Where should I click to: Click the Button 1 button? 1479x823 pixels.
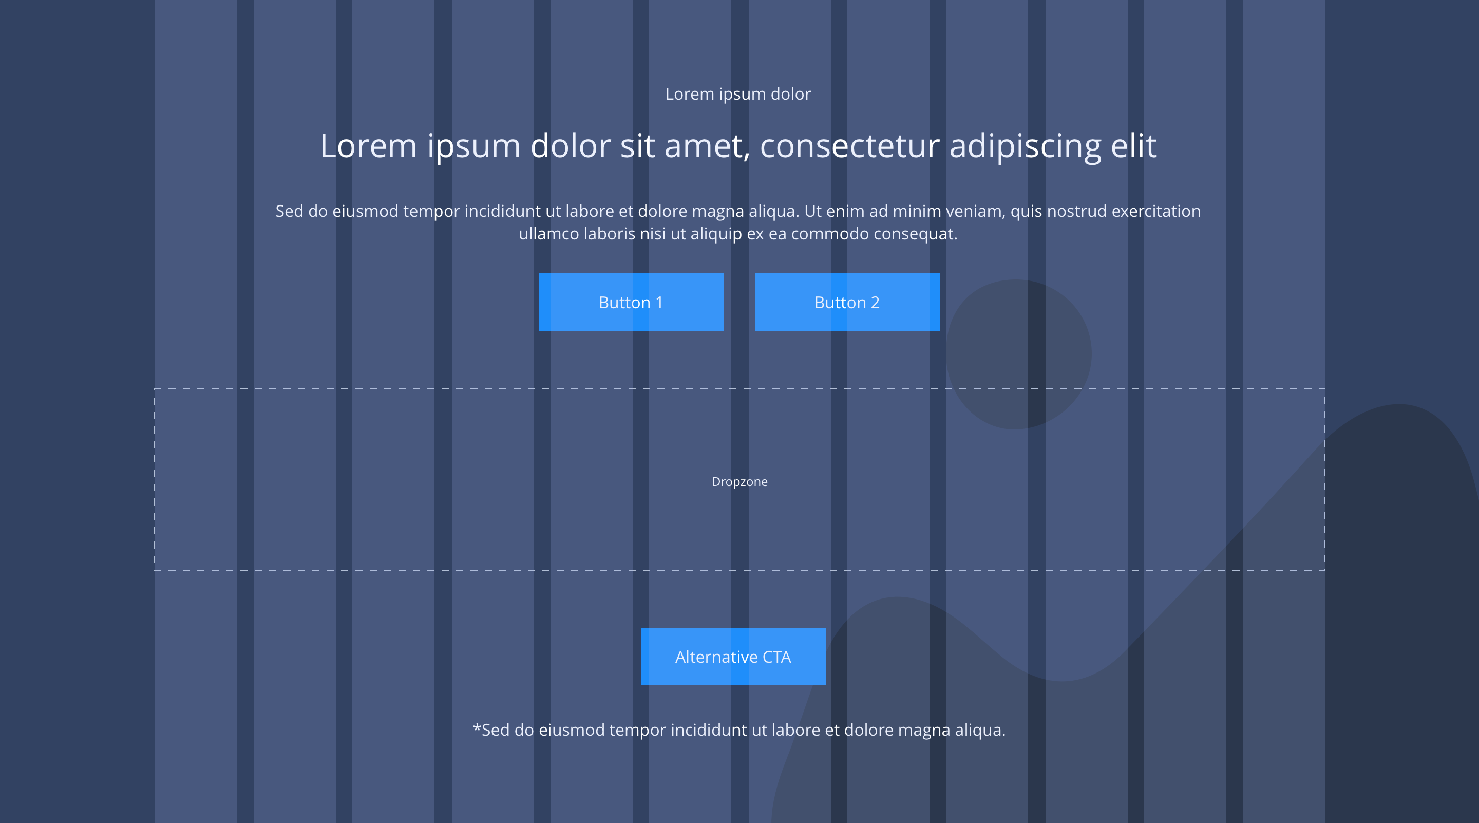coord(631,302)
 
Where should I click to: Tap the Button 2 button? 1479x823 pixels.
coord(847,302)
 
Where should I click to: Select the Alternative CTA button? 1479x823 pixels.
coord(733,657)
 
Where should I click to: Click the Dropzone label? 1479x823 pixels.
coord(739,482)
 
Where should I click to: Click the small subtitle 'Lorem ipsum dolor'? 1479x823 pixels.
coord(738,93)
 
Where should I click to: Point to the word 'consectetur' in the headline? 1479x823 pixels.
coord(850,146)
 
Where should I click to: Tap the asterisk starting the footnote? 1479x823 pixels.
coord(477,726)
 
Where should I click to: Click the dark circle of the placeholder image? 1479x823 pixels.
coord(1018,354)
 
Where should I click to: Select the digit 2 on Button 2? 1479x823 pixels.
coord(875,303)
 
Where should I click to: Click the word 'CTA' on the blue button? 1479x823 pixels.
coord(777,657)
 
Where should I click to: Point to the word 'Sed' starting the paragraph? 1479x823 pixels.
coord(289,211)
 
